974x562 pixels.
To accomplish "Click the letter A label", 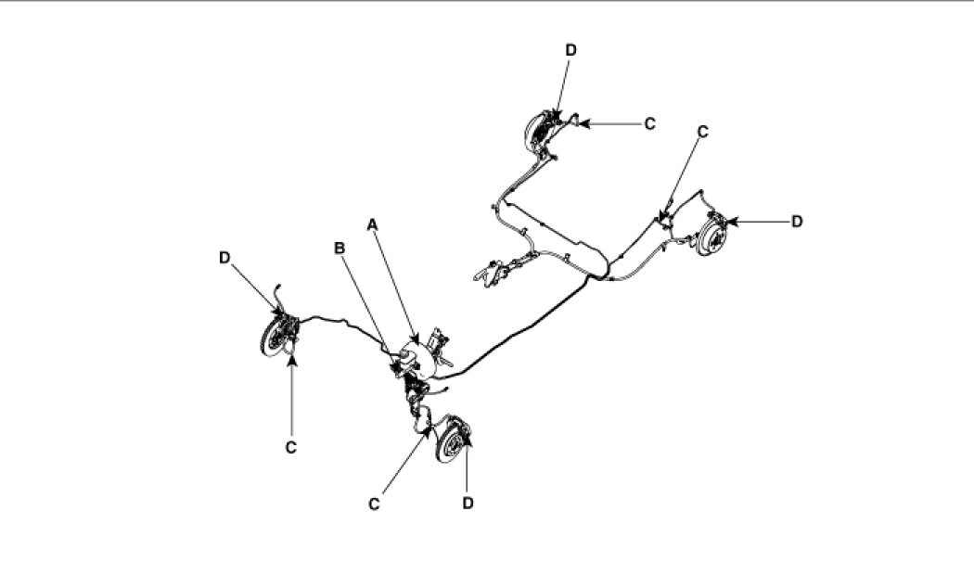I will [373, 224].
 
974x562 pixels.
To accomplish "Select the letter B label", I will [340, 248].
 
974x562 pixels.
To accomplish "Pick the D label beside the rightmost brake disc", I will [796, 221].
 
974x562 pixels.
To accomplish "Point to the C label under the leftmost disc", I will [291, 447].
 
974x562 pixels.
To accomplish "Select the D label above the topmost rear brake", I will [570, 50].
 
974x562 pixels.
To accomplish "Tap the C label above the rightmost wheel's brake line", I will [702, 133].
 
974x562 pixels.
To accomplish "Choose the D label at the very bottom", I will [468, 503].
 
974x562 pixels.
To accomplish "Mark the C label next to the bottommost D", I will [374, 504].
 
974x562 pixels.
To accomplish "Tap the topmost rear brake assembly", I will [540, 131].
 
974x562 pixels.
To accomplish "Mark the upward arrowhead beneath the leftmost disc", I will [292, 360].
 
